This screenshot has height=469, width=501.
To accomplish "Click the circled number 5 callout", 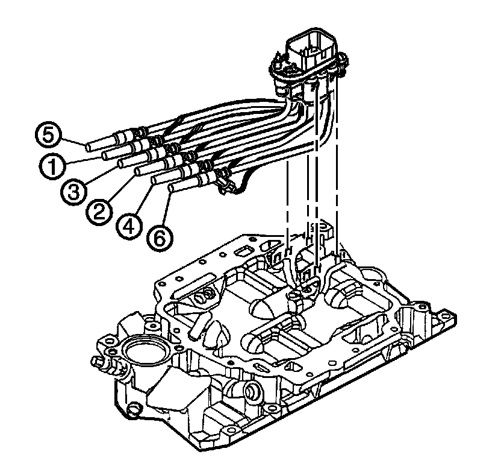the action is pos(48,134).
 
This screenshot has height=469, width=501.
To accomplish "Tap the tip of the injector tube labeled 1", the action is pos(105,156).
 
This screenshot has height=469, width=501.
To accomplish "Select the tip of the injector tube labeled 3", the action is pos(122,163).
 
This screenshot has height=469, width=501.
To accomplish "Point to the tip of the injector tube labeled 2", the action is pos(138,171).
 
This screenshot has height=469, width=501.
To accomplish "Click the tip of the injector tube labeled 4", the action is pos(155,180).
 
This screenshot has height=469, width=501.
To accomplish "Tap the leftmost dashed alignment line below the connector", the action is pos(288,199).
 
